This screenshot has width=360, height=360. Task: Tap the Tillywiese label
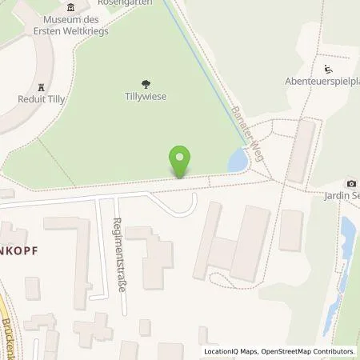[x=145, y=98]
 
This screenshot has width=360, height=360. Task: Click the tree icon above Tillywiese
[x=145, y=83]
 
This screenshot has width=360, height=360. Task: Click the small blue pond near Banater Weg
[x=237, y=162]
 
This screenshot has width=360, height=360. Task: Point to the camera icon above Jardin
[x=350, y=183]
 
